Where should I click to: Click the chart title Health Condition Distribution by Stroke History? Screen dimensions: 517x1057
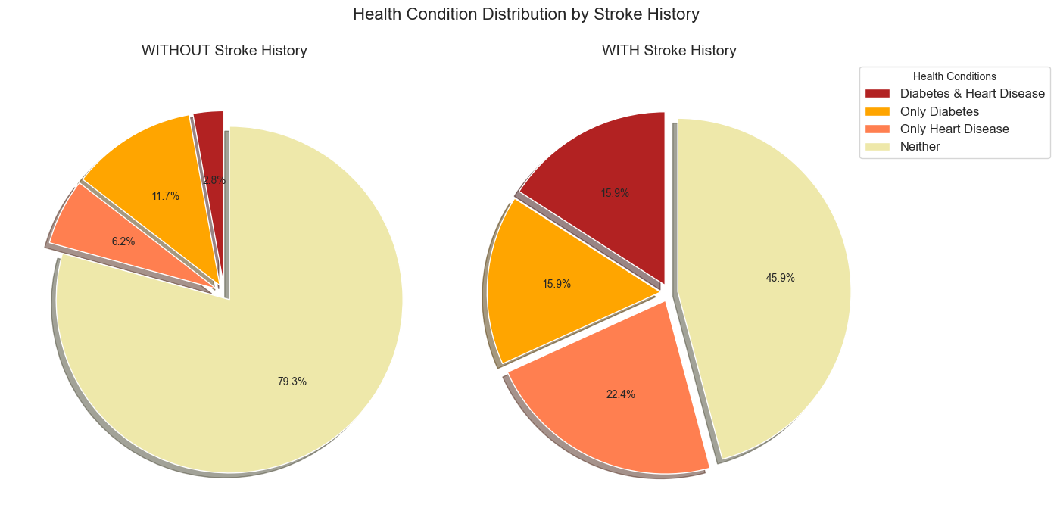525,14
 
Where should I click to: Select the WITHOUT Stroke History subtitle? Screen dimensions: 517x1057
224,51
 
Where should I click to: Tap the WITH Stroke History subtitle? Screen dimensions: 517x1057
669,51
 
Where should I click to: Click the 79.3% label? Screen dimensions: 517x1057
292,382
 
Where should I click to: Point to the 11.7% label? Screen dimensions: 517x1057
166,196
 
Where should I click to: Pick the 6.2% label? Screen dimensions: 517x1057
123,241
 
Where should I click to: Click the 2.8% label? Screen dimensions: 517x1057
214,180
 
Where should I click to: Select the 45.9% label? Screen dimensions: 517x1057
780,278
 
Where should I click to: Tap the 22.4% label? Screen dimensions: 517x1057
621,394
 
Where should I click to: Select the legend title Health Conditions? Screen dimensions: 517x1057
954,76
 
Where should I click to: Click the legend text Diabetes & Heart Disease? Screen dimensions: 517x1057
972,94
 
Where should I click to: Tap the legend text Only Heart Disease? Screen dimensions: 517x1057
954,129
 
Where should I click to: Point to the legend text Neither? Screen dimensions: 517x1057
920,147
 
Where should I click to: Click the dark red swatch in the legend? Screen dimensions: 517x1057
878,94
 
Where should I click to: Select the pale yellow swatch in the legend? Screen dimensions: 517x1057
878,147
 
